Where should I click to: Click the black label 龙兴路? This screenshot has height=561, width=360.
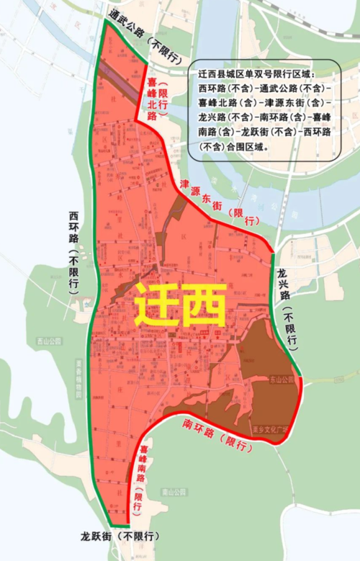pyautogui.click(x=283, y=284)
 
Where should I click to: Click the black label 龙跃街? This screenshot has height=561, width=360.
pyautogui.click(x=97, y=537)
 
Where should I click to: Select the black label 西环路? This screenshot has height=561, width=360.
pyautogui.click(x=73, y=228)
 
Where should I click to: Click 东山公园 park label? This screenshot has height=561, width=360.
pyautogui.click(x=282, y=380)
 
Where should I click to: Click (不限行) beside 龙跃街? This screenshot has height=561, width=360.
pyautogui.click(x=140, y=537)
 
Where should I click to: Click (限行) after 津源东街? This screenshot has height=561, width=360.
pyautogui.click(x=242, y=217)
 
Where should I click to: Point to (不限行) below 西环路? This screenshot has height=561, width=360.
pyautogui.click(x=73, y=272)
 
